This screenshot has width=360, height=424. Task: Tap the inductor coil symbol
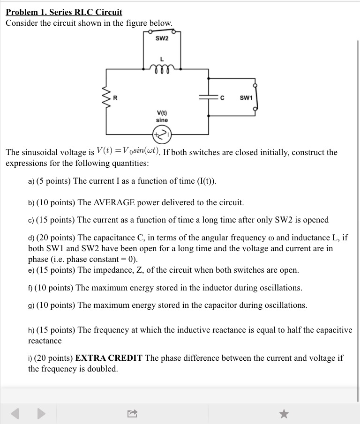coord(162,68)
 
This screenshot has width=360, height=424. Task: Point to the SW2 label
coord(162,38)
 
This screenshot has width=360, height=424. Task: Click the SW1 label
coord(246,98)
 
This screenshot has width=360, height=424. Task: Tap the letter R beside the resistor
coord(115,98)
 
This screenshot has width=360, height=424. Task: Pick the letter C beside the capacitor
coord(222,98)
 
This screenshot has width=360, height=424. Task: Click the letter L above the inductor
coord(162,59)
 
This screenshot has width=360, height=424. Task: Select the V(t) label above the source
coord(162,112)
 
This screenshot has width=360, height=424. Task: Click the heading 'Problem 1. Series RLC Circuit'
coord(64,12)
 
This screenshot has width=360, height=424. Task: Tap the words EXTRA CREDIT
coord(109,358)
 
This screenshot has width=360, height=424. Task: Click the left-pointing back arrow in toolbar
coord(15,413)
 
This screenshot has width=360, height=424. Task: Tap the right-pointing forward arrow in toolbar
coord(42,413)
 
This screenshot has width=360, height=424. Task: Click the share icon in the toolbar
coord(132,413)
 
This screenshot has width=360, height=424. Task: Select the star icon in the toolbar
coord(284,413)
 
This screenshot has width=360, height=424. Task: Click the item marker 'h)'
coord(31,330)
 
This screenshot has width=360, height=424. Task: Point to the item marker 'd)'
coord(31,238)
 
